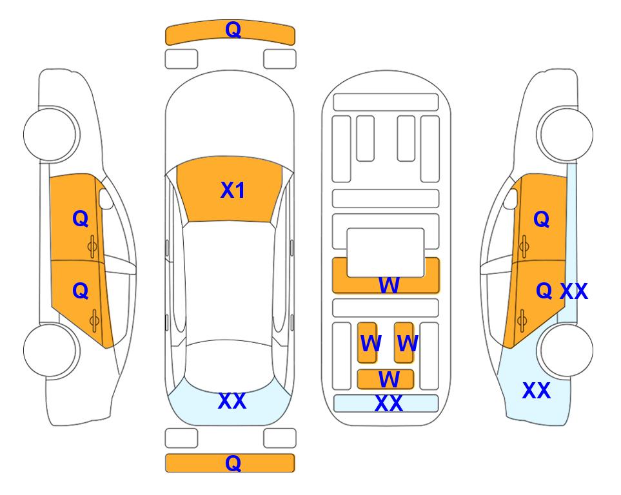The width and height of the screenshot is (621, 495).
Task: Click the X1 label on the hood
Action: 233,190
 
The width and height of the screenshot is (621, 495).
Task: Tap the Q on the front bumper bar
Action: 233,29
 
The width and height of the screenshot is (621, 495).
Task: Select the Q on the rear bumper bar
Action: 233,463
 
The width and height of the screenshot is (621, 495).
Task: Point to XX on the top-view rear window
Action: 232,401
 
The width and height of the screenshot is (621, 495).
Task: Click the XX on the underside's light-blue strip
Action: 388,403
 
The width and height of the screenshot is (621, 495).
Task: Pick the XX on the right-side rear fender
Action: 537,391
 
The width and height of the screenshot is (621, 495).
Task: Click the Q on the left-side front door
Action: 81,218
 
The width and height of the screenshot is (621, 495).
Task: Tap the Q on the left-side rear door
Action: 81,291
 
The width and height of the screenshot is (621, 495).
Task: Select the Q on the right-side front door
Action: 542,219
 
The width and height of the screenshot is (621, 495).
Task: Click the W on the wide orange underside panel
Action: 389,285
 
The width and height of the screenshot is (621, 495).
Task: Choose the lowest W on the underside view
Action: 389,380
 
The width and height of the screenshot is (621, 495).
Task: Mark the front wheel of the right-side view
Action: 565,134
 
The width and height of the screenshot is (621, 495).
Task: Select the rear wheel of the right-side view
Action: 565,350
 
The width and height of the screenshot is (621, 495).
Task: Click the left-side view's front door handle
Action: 93,246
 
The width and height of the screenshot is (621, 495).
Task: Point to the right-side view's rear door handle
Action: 522,320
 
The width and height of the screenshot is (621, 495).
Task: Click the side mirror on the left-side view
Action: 106,199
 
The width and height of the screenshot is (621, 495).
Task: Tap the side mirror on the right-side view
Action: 511,199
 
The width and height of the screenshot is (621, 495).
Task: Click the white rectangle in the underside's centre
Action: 386,253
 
